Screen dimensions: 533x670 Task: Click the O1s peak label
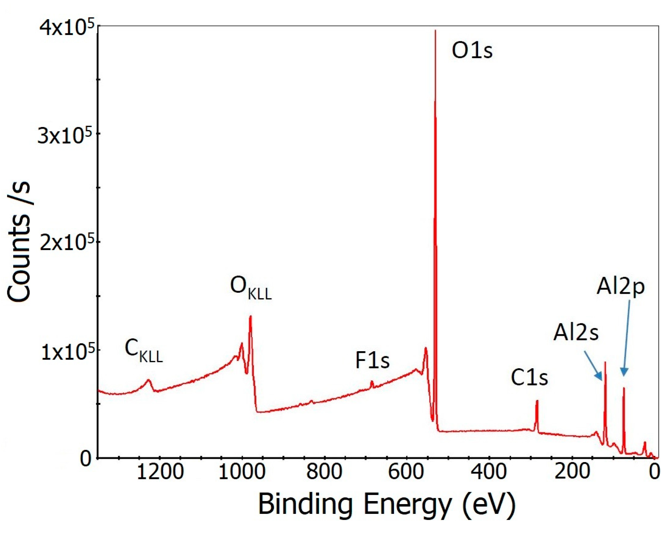pos(472,50)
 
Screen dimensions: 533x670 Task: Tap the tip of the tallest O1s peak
pos(435,31)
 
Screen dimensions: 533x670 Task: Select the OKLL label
pos(250,288)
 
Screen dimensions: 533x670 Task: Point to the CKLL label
pos(144,350)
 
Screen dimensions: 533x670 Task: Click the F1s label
pos(372,360)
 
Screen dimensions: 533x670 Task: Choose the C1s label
pos(529,377)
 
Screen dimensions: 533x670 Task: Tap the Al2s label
pos(576,332)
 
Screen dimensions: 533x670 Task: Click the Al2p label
pos(620,287)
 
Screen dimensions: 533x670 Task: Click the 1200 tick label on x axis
pos(160,471)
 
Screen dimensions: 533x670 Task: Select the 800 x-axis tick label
pos(324,471)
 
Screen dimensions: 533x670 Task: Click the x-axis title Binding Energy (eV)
pos(387,504)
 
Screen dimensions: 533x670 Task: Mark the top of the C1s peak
pos(537,401)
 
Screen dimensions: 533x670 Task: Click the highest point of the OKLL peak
pos(250,316)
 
